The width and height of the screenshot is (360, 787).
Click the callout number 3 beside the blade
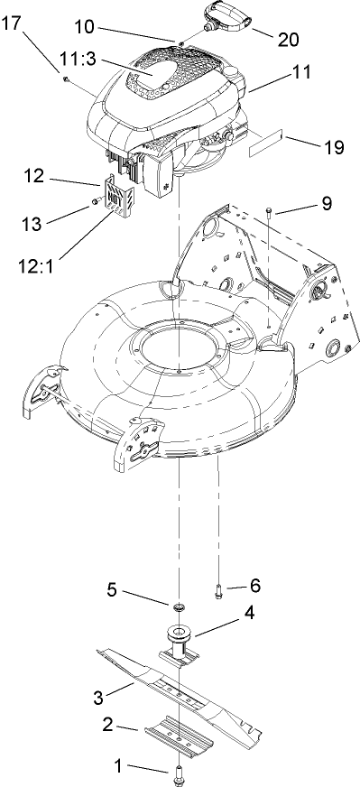click(101, 695)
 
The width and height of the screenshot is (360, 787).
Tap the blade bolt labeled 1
click(178, 772)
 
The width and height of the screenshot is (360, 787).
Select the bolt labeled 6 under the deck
click(219, 591)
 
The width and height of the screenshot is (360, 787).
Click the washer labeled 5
click(179, 603)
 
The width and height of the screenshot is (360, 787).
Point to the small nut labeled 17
click(68, 80)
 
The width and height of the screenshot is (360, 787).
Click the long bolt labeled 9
click(270, 213)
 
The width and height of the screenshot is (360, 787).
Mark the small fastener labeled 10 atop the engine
click(180, 43)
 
